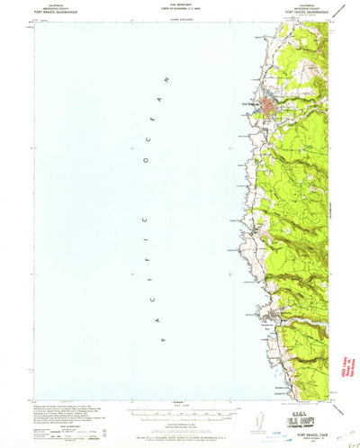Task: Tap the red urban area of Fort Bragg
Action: [270, 107]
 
